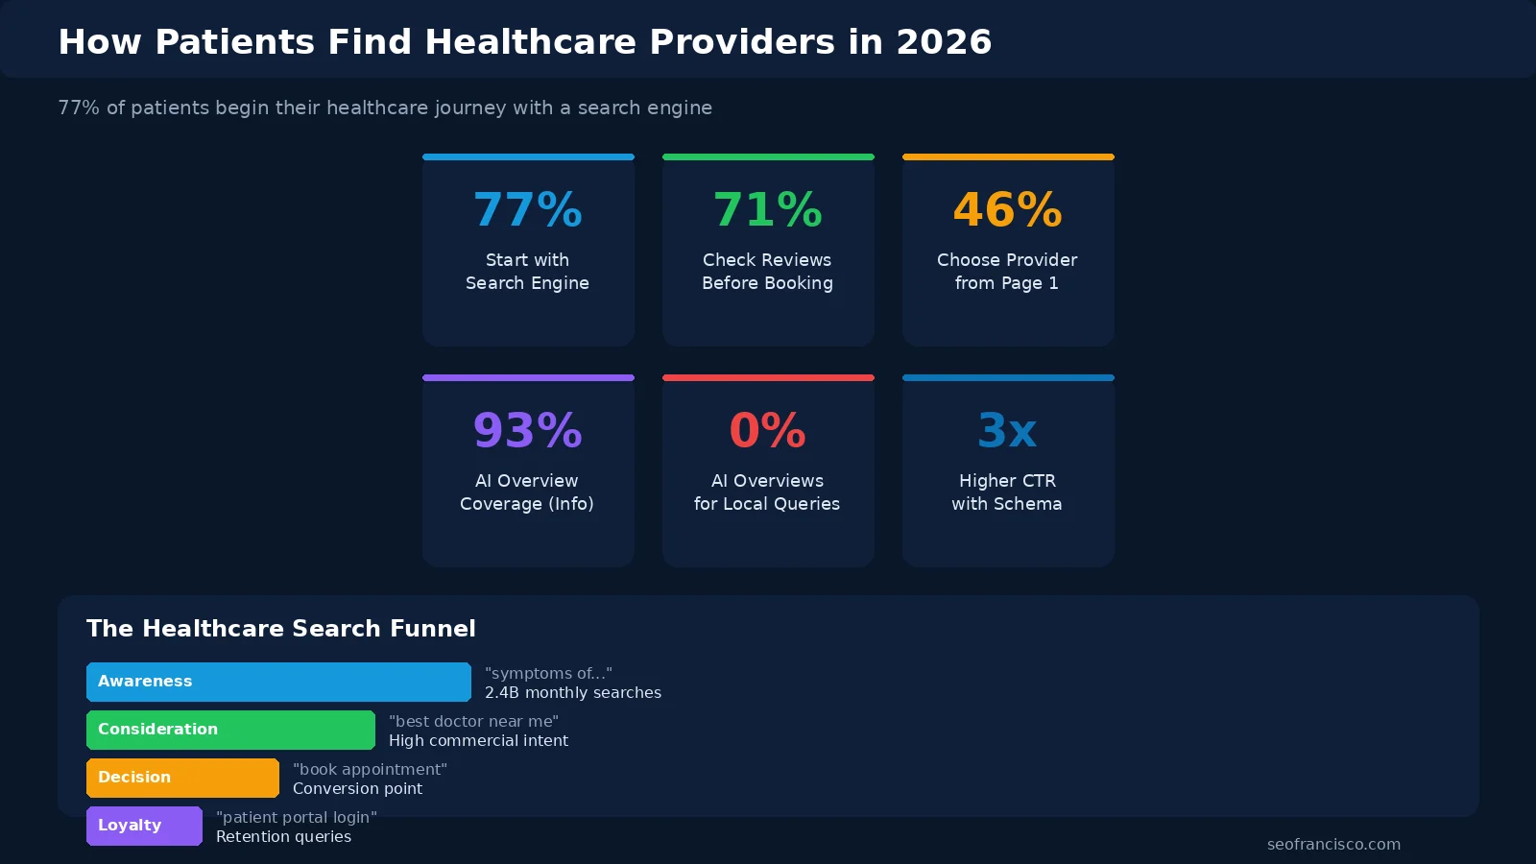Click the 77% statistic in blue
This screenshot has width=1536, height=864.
tap(528, 210)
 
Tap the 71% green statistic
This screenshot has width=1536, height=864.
tap(768, 210)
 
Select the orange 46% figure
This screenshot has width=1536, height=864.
tap(1008, 210)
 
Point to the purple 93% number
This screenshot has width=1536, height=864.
tap(528, 431)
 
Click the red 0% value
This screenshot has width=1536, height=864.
tap(768, 431)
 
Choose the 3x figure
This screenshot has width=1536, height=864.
tap(1008, 431)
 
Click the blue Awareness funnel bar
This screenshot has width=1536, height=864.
tap(278, 682)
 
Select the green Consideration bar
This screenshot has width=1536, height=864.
tap(230, 730)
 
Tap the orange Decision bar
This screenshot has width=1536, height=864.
tap(182, 778)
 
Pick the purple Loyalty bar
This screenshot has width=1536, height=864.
tap(144, 826)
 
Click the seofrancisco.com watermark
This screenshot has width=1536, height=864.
tap(1333, 845)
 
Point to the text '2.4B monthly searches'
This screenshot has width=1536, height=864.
tap(573, 693)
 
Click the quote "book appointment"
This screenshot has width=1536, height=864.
tap(370, 770)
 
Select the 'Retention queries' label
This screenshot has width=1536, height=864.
tap(283, 837)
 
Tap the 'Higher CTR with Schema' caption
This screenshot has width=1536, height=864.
tap(1007, 492)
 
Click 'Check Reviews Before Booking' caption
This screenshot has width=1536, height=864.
tap(767, 272)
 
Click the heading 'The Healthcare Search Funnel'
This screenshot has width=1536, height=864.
tap(281, 629)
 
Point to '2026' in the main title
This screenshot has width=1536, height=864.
tap(944, 42)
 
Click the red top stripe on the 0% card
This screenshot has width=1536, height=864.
tap(768, 377)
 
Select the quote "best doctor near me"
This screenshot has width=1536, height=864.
tap(473, 722)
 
